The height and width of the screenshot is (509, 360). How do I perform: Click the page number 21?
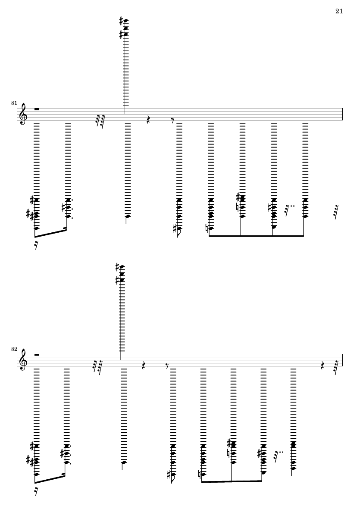338,11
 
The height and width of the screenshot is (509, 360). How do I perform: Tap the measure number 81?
14,103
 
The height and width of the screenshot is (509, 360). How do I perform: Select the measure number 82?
14,349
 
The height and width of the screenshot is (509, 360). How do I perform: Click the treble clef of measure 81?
24,115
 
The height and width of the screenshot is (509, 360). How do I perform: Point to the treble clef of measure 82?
24,361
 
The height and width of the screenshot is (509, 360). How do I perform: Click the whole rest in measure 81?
37,109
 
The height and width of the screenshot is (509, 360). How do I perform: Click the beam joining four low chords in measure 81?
257,236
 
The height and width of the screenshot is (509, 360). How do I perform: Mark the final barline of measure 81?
342,115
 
